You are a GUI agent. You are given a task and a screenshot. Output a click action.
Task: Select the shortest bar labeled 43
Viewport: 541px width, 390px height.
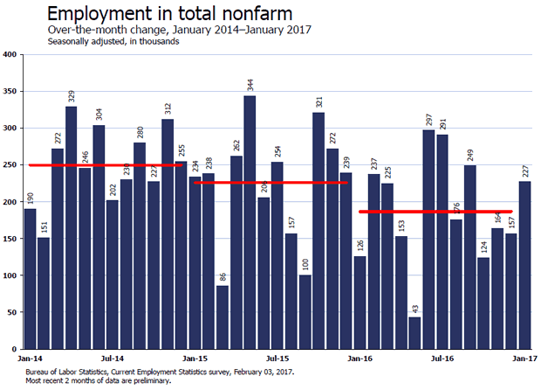pos(414,333)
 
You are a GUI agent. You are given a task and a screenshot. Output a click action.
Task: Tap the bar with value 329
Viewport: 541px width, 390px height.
pos(71,227)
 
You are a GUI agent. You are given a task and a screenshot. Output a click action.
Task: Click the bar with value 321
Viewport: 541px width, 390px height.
pos(318,231)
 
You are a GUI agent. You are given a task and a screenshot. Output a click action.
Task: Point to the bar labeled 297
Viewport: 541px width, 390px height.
pos(428,240)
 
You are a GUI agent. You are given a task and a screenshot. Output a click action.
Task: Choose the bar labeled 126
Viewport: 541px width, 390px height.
pos(360,303)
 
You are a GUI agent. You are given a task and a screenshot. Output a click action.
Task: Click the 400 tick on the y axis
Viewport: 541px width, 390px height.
pos(11,55)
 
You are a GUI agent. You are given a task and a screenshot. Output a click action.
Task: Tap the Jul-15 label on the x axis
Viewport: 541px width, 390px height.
pos(277,359)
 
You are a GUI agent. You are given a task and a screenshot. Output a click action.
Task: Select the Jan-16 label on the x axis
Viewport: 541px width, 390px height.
pos(360,359)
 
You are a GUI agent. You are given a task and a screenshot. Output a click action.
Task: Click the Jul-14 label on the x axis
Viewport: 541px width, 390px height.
pos(112,359)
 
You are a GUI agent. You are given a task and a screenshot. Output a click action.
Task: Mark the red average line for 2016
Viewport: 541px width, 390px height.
pos(435,212)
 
